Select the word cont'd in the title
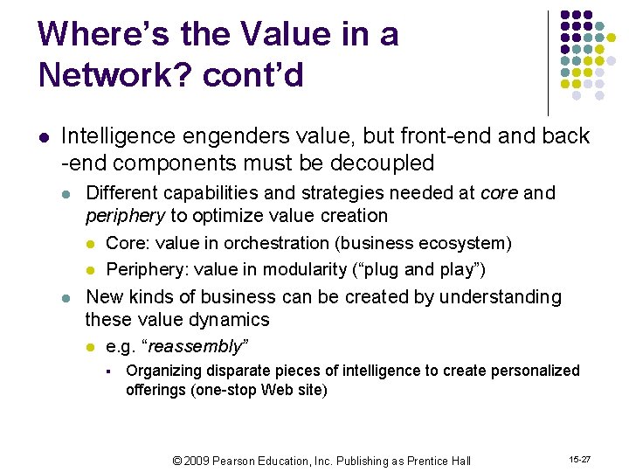[254, 75]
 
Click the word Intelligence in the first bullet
[115, 136]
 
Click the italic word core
[499, 192]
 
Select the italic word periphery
[125, 215]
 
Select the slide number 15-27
[580, 458]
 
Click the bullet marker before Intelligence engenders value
[44, 137]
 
